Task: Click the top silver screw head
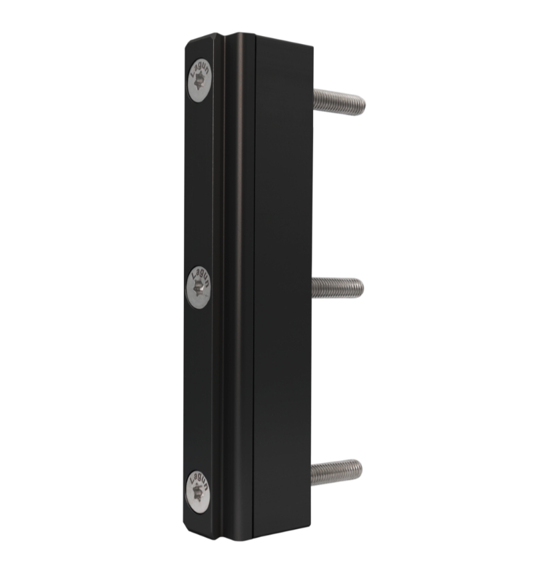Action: (200, 81)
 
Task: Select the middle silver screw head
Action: (199, 288)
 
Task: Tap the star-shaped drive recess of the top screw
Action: (199, 81)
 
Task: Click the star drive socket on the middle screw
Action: (198, 288)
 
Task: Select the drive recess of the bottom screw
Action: (197, 491)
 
